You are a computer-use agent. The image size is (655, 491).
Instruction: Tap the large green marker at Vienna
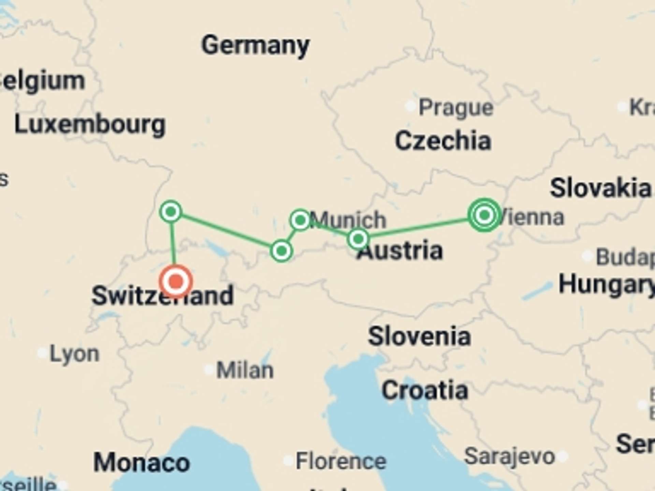(484, 215)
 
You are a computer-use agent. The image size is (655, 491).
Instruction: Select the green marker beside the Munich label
(300, 220)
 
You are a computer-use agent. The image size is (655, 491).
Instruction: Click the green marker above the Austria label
(358, 239)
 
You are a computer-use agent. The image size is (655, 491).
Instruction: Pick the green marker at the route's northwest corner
(171, 212)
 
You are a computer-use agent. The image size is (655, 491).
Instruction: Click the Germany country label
(255, 45)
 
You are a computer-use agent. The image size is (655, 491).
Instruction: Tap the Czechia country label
(443, 140)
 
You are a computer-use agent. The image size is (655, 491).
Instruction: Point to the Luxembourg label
(90, 125)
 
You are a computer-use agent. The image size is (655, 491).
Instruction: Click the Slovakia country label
(600, 188)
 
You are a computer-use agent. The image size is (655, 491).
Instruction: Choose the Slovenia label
(419, 337)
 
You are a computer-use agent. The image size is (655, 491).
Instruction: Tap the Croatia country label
(425, 390)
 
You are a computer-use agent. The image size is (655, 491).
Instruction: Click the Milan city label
(245, 370)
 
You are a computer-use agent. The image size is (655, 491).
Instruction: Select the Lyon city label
(74, 354)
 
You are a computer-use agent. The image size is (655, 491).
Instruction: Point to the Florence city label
(341, 461)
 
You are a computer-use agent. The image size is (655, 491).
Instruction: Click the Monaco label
(142, 463)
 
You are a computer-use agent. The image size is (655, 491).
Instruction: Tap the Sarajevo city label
(509, 456)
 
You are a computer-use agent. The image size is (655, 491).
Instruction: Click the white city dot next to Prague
(410, 106)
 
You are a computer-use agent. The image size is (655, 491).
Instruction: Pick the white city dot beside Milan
(208, 369)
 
